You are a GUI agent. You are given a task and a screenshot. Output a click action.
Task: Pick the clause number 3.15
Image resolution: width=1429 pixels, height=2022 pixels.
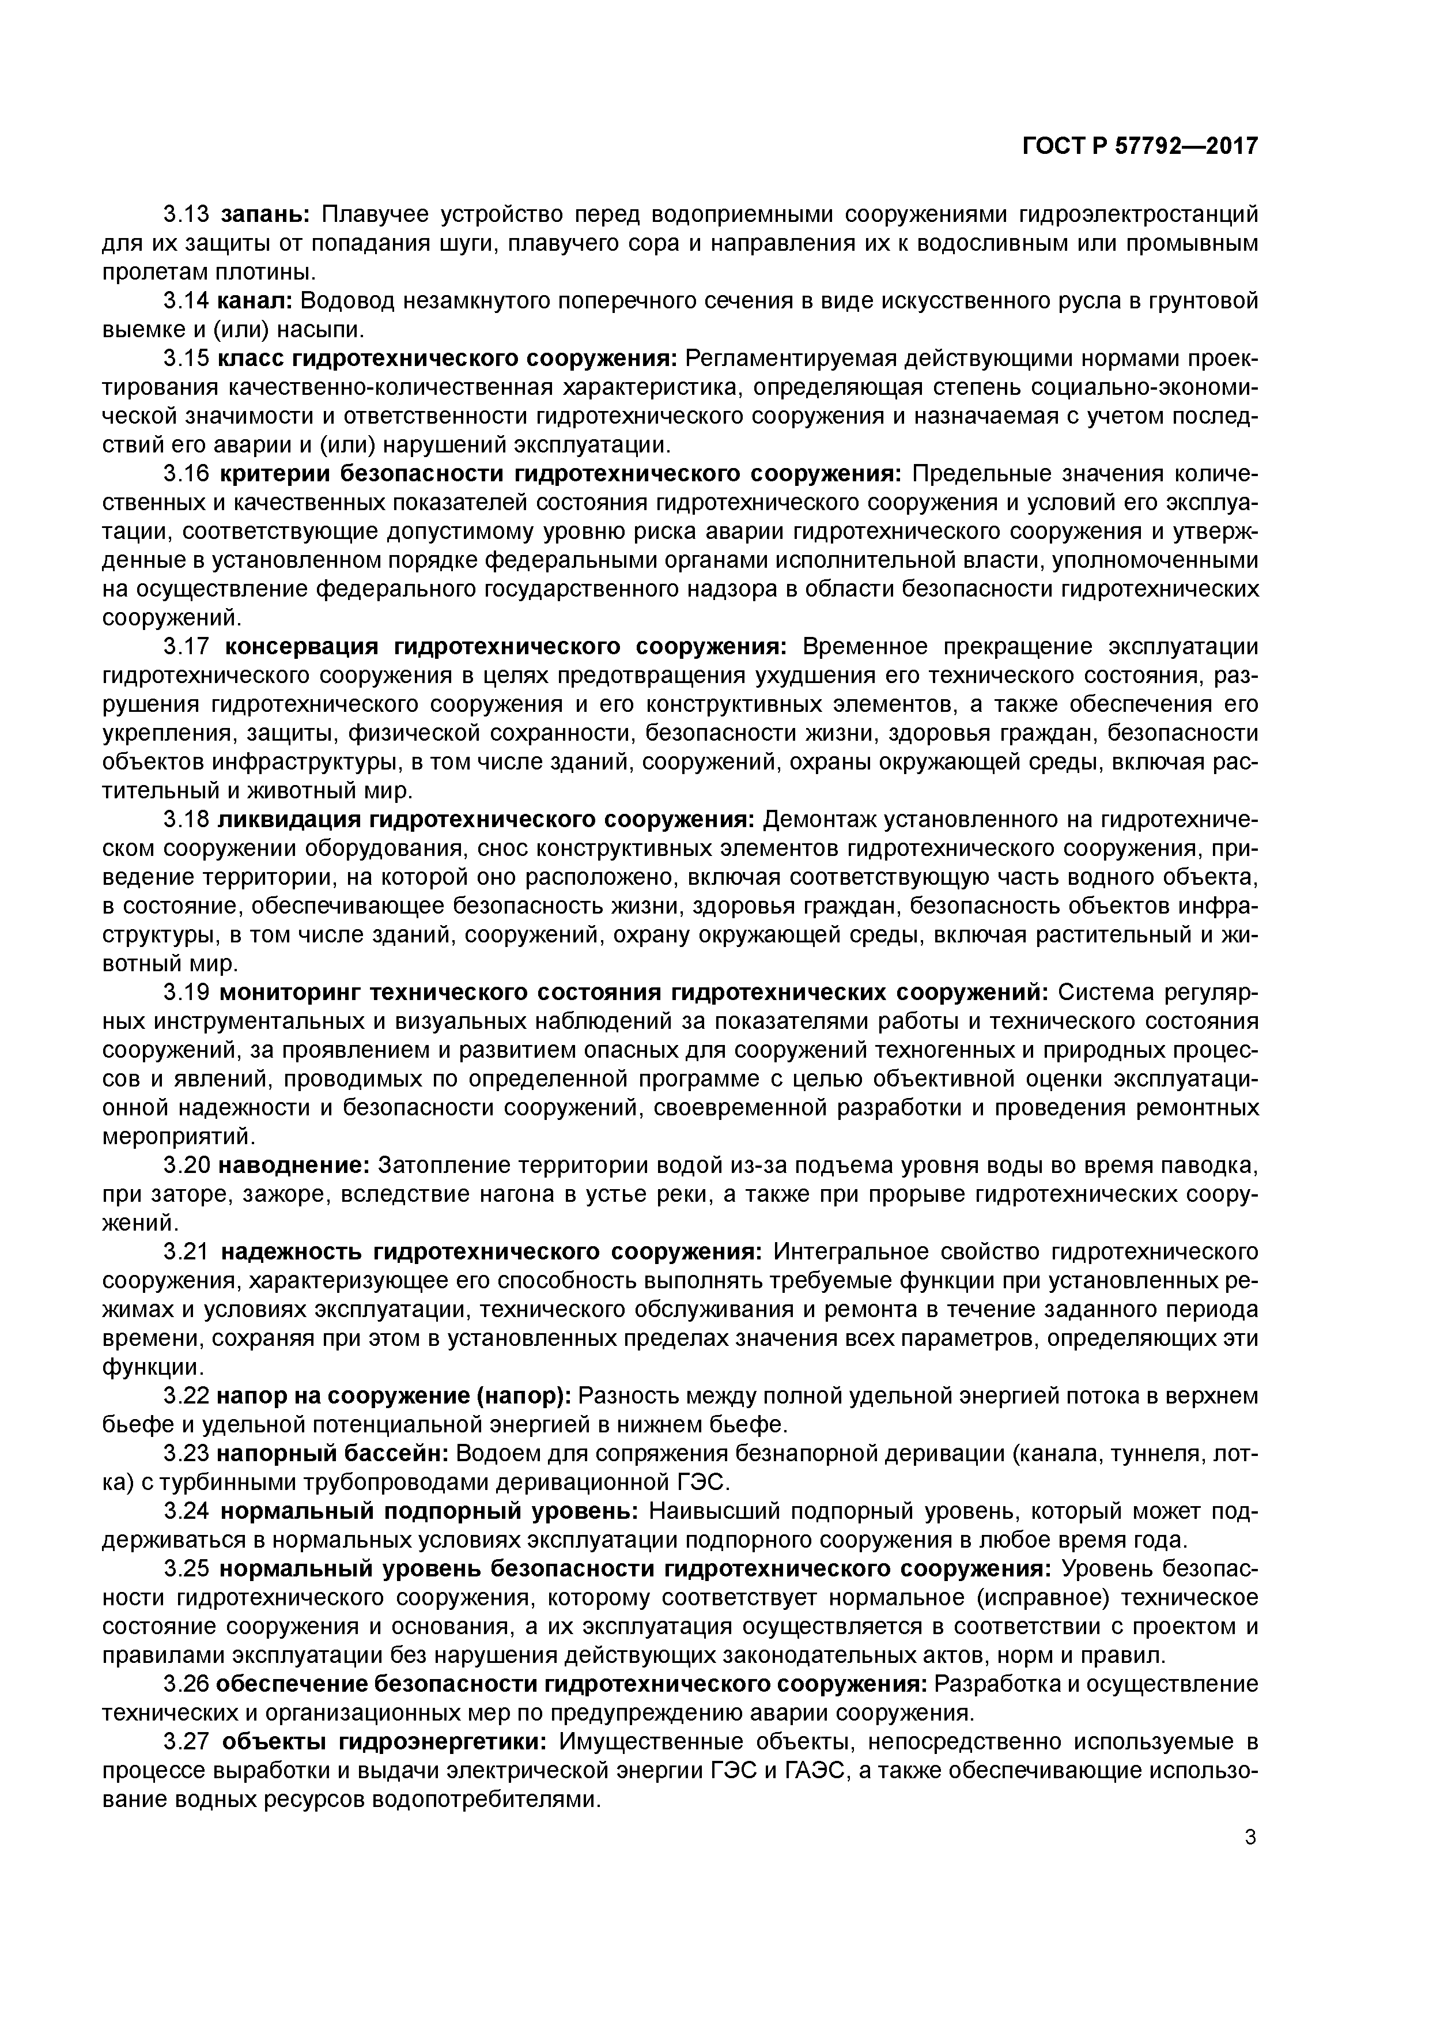tap(186, 359)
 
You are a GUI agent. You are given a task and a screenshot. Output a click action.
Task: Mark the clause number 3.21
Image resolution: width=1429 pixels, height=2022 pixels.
tap(186, 1253)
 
